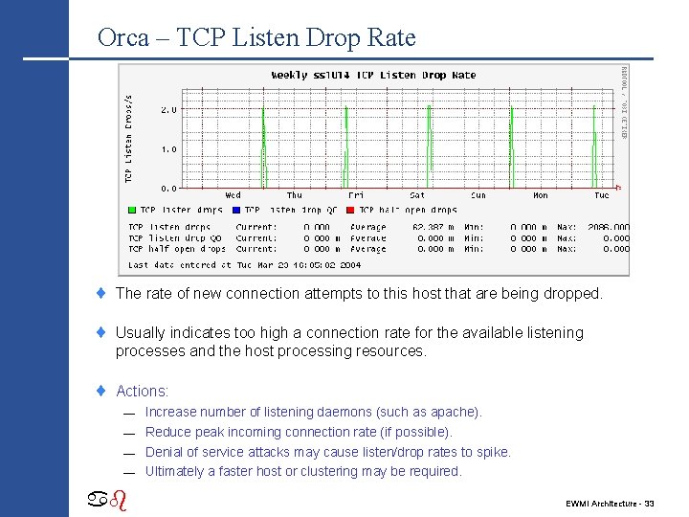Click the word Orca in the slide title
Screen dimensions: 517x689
pyautogui.click(x=123, y=38)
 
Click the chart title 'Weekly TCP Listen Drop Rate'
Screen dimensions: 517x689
pyautogui.click(x=373, y=75)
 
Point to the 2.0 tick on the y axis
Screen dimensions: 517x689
pyautogui.click(x=167, y=110)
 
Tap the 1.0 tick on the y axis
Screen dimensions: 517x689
pyautogui.click(x=167, y=149)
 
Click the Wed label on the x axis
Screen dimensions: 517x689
pyautogui.click(x=233, y=195)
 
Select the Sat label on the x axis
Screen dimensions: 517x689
pyautogui.click(x=417, y=195)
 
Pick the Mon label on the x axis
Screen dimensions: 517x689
pyautogui.click(x=541, y=195)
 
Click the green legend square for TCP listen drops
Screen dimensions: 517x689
pyautogui.click(x=132, y=210)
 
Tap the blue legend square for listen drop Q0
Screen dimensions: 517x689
pyautogui.click(x=236, y=210)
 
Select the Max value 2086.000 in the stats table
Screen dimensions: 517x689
pyautogui.click(x=608, y=228)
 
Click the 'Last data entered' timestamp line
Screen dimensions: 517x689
pyautogui.click(x=245, y=265)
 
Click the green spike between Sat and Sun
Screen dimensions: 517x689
pyautogui.click(x=430, y=144)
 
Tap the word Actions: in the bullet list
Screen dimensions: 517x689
pyautogui.click(x=142, y=391)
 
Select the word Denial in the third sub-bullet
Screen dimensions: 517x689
pyautogui.click(x=164, y=452)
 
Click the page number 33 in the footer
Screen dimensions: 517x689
pyautogui.click(x=649, y=503)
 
